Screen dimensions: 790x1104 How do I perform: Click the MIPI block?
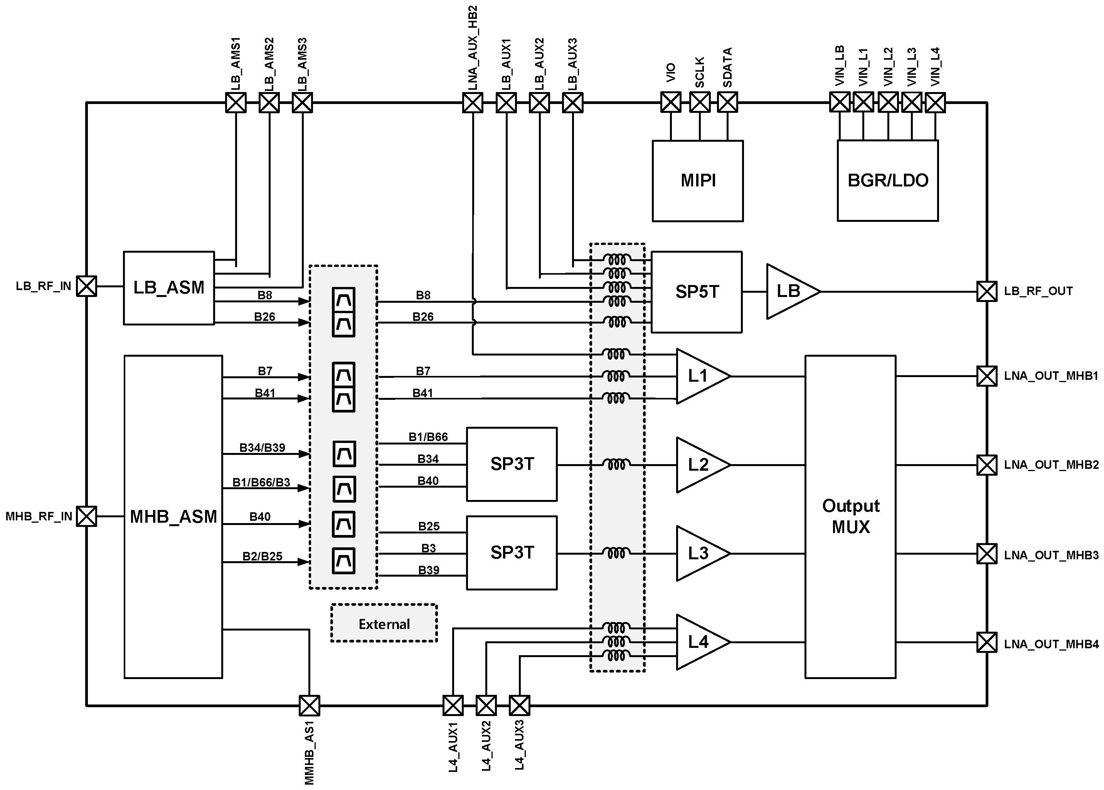pyautogui.click(x=698, y=181)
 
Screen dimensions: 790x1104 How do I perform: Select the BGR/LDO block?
pyautogui.click(x=887, y=181)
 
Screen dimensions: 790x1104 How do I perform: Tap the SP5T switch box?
pyautogui.click(x=696, y=292)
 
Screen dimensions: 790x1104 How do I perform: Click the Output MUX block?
pyautogui.click(x=850, y=517)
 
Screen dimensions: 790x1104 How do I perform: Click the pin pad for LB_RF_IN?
pyautogui.click(x=87, y=286)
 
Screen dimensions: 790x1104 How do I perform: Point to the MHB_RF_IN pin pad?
pyautogui.click(x=87, y=516)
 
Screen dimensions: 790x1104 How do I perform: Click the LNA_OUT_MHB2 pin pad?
pyautogui.click(x=987, y=465)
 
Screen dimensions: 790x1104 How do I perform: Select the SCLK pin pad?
pyautogui.click(x=700, y=102)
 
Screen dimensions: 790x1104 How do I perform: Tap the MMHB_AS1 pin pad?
pyautogui.click(x=309, y=705)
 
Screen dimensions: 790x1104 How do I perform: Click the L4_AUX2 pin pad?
pyautogui.click(x=486, y=705)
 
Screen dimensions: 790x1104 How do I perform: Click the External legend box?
pyautogui.click(x=384, y=624)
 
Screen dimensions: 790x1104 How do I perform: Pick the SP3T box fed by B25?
pyautogui.click(x=512, y=553)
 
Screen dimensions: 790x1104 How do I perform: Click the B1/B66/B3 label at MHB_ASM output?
pyautogui.click(x=261, y=483)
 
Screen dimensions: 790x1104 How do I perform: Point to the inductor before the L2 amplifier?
pyautogui.click(x=616, y=465)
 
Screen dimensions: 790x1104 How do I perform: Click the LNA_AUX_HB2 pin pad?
pyautogui.click(x=473, y=102)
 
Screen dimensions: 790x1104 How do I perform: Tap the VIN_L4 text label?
pyautogui.click(x=935, y=67)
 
